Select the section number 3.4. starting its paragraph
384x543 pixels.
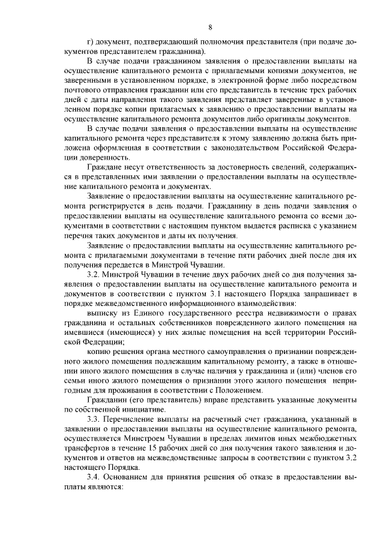click(96, 474)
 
